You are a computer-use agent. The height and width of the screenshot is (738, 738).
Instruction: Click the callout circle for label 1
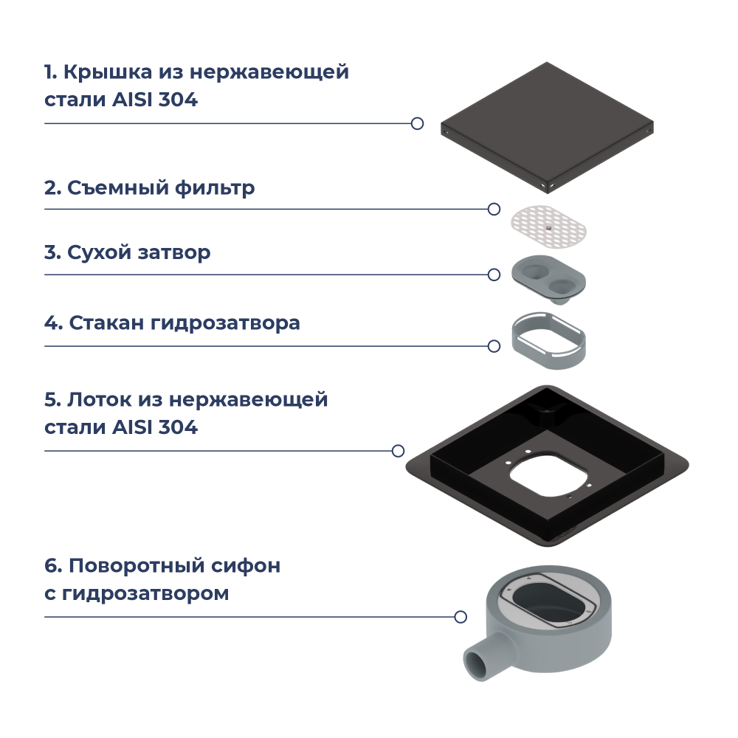pyautogui.click(x=417, y=123)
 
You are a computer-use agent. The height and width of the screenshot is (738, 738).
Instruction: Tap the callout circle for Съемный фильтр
pyautogui.click(x=494, y=209)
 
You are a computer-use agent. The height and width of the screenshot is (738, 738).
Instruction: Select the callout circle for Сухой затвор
pyautogui.click(x=494, y=275)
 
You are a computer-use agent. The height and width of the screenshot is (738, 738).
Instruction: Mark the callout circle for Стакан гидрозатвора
pyautogui.click(x=494, y=345)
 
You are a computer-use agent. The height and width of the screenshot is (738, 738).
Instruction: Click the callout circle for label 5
pyautogui.click(x=398, y=450)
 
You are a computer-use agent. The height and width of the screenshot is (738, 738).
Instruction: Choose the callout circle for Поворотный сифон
pyautogui.click(x=461, y=616)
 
